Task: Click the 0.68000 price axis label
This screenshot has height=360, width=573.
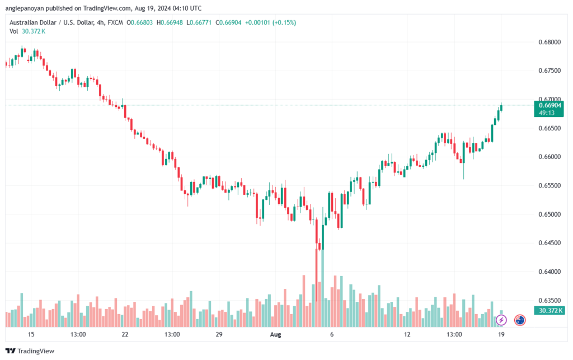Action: [x=548, y=42]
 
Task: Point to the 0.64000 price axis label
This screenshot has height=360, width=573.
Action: [x=548, y=272]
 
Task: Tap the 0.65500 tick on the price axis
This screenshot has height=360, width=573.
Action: [x=548, y=186]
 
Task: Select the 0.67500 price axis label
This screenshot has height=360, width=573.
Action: [x=548, y=71]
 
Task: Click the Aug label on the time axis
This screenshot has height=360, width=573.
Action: [x=275, y=334]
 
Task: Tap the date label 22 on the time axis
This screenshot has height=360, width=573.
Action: [x=125, y=334]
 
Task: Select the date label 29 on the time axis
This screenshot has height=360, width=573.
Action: [x=219, y=334]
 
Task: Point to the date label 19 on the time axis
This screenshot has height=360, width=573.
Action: [x=501, y=334]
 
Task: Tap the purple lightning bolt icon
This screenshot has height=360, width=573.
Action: [x=501, y=320]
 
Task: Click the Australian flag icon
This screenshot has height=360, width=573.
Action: [x=519, y=320]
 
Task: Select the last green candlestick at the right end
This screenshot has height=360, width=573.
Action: [x=501, y=107]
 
